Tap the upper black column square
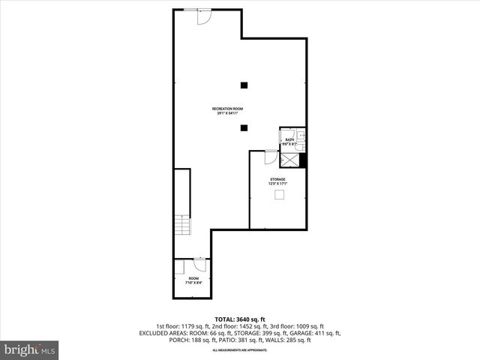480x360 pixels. pyautogui.click(x=244, y=85)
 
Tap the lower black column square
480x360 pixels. pyautogui.click(x=244, y=127)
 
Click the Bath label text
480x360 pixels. pyautogui.click(x=289, y=140)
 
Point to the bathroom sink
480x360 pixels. pyautogui.click(x=299, y=136)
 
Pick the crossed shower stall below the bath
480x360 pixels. pyautogui.click(x=289, y=159)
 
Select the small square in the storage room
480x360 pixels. pyautogui.click(x=279, y=195)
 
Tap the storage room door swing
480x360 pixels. pyautogui.click(x=271, y=156)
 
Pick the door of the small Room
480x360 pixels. pyautogui.click(x=199, y=264)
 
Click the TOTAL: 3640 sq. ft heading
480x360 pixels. pyautogui.click(x=239, y=319)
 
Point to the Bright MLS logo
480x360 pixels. pyautogui.click(x=30, y=349)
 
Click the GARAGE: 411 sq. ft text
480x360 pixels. pyautogui.click(x=319, y=333)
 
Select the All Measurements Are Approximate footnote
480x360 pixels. pyautogui.click(x=239, y=350)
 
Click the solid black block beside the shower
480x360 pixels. pyautogui.click(x=304, y=160)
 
